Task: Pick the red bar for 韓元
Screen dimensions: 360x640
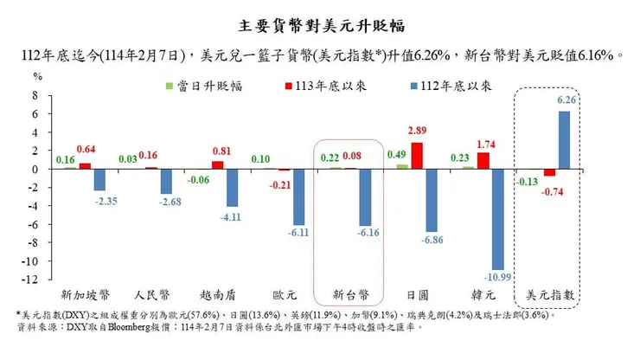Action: (x=483, y=161)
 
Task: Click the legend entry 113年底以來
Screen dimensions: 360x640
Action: (x=298, y=86)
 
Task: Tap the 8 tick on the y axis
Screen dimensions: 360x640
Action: (x=37, y=95)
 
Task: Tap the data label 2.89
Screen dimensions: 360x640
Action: (x=417, y=130)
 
